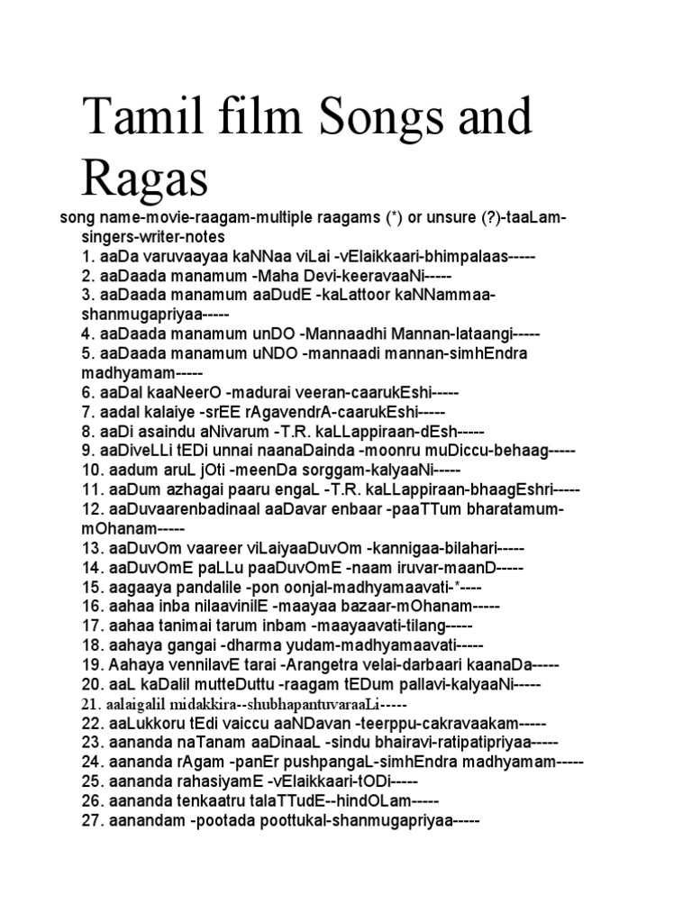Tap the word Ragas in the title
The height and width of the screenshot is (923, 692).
tap(145, 178)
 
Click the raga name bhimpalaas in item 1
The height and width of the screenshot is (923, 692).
tap(467, 256)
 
